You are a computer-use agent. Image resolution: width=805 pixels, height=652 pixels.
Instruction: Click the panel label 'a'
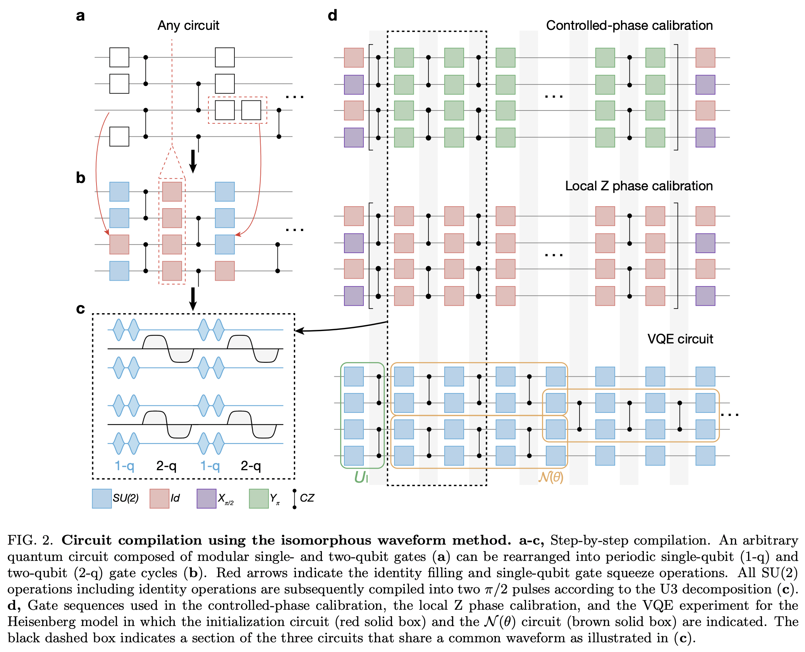(x=80, y=16)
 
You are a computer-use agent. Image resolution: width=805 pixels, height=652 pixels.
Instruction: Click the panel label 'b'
(x=80, y=178)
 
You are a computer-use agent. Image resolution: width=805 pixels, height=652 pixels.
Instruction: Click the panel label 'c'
(x=80, y=309)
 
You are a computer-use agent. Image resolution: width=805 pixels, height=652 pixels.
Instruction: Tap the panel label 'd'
(x=332, y=16)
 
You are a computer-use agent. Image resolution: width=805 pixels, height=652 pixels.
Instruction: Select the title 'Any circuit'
(x=188, y=26)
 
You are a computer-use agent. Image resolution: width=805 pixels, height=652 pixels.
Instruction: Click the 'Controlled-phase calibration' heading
(x=629, y=26)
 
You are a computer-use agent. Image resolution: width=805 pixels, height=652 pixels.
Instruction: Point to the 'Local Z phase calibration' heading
(x=638, y=186)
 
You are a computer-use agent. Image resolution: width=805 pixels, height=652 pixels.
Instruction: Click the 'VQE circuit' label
(x=680, y=339)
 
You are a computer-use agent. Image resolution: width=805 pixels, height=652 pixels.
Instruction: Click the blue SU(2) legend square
(x=101, y=498)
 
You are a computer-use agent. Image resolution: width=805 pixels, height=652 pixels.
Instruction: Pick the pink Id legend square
(x=159, y=498)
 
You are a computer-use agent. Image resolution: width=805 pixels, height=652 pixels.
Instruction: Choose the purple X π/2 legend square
(x=206, y=498)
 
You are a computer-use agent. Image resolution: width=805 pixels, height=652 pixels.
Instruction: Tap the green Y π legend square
(x=259, y=498)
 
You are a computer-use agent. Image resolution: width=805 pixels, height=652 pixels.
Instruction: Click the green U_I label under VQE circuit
(x=361, y=477)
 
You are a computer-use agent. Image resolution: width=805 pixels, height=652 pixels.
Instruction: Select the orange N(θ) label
(x=550, y=477)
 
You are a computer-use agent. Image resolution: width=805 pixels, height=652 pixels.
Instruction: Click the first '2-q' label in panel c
(x=166, y=466)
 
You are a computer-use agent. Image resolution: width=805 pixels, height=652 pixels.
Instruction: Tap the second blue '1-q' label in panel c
(x=210, y=466)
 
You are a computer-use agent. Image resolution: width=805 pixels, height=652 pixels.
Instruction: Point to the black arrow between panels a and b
(x=193, y=161)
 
